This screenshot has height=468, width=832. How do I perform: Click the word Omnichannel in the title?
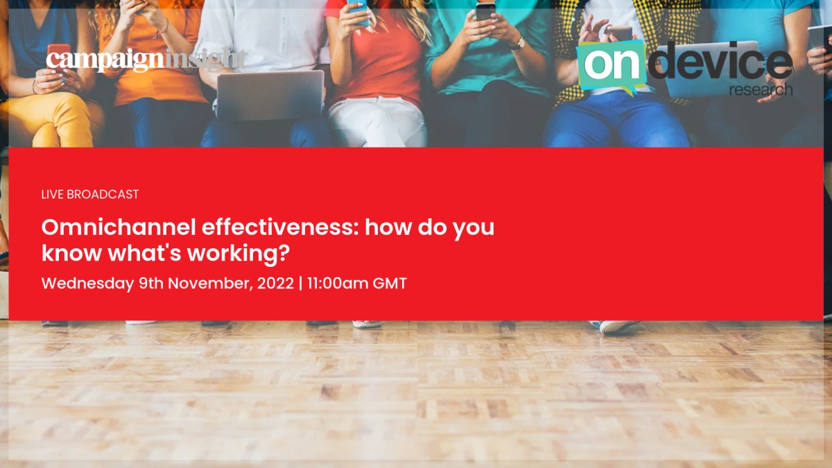tap(119, 227)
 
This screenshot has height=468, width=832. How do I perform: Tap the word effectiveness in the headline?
tap(280, 227)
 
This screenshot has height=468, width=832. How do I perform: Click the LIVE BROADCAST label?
tap(90, 194)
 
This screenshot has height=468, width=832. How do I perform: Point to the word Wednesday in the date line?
tap(87, 284)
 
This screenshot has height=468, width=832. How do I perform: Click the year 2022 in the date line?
tap(276, 284)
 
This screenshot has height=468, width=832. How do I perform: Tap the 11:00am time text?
tap(338, 284)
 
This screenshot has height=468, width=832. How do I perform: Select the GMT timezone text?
tap(390, 284)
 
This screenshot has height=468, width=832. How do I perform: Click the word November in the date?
tap(211, 284)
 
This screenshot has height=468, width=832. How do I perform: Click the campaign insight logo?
tap(146, 60)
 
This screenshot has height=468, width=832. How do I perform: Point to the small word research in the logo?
tap(761, 90)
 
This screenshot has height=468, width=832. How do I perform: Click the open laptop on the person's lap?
tap(270, 95)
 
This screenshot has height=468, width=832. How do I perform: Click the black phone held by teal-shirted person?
tap(485, 11)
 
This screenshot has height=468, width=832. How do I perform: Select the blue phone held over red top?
tap(358, 11)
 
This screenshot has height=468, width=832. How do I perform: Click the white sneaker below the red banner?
tap(616, 327)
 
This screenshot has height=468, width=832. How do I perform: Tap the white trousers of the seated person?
tap(376, 122)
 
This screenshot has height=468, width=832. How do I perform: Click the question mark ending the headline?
tap(284, 252)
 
